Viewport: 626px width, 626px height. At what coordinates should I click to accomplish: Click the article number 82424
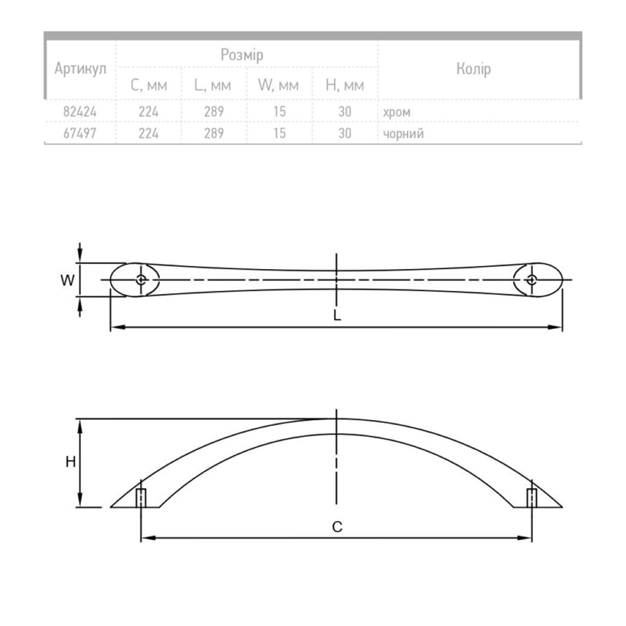tap(80, 112)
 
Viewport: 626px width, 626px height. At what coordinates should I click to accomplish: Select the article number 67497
tap(80, 133)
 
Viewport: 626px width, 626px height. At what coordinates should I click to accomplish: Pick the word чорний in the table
tap(403, 134)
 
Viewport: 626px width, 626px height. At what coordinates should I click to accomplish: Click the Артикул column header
tap(80, 69)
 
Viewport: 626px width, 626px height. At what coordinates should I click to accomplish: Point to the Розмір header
tap(242, 55)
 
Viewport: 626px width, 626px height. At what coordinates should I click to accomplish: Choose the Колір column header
tap(473, 69)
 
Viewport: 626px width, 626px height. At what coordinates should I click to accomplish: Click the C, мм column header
tap(148, 86)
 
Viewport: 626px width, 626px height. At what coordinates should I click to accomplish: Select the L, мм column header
tap(213, 86)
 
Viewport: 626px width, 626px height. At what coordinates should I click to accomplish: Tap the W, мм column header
tap(278, 86)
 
